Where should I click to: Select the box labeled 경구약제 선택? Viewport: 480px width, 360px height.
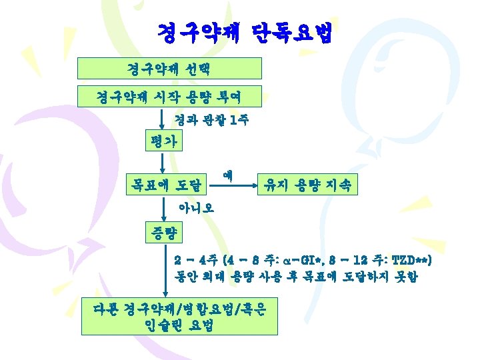pos(170,69)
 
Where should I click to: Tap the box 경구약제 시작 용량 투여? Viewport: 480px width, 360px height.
pos(170,97)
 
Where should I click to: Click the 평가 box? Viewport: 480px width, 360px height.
pos(164,141)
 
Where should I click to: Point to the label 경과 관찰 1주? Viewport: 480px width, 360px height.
pos(203,120)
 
